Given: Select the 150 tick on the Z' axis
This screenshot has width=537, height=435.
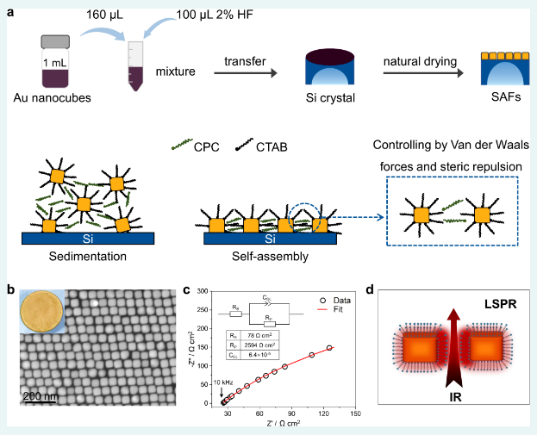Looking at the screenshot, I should click(x=354, y=413).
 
